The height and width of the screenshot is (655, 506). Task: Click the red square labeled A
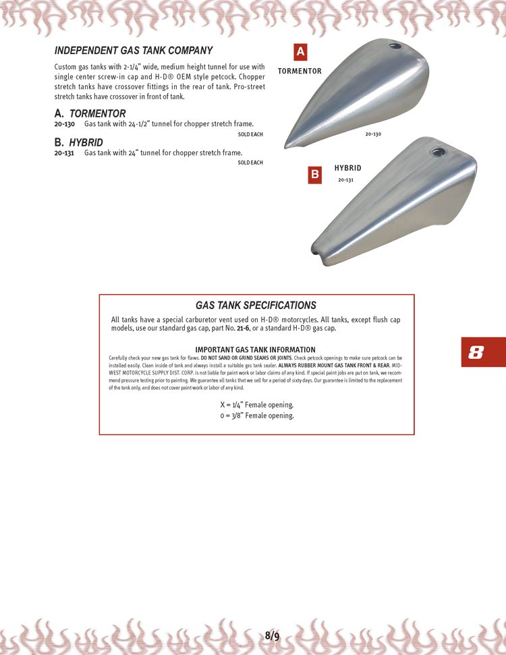click(301, 52)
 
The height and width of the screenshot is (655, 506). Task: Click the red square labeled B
click(314, 175)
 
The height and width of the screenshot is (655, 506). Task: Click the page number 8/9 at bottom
click(272, 635)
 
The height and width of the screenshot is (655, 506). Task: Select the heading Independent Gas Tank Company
click(134, 51)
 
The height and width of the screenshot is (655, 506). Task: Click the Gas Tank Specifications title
click(256, 306)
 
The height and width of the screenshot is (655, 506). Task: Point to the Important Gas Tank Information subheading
click(256, 349)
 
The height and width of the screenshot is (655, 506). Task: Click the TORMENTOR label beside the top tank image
click(300, 71)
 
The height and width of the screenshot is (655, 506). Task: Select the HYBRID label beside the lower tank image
click(348, 168)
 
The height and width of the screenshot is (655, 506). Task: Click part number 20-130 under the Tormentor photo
click(373, 134)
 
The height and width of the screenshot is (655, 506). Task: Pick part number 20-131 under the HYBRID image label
click(345, 180)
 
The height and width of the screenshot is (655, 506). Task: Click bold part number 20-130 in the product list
click(65, 124)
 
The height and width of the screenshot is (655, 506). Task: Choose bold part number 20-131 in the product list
click(65, 153)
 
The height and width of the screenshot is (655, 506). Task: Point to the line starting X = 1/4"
click(256, 405)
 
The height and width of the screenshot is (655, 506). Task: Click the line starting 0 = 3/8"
click(256, 416)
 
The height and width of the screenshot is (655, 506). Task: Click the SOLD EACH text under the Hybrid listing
click(250, 163)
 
